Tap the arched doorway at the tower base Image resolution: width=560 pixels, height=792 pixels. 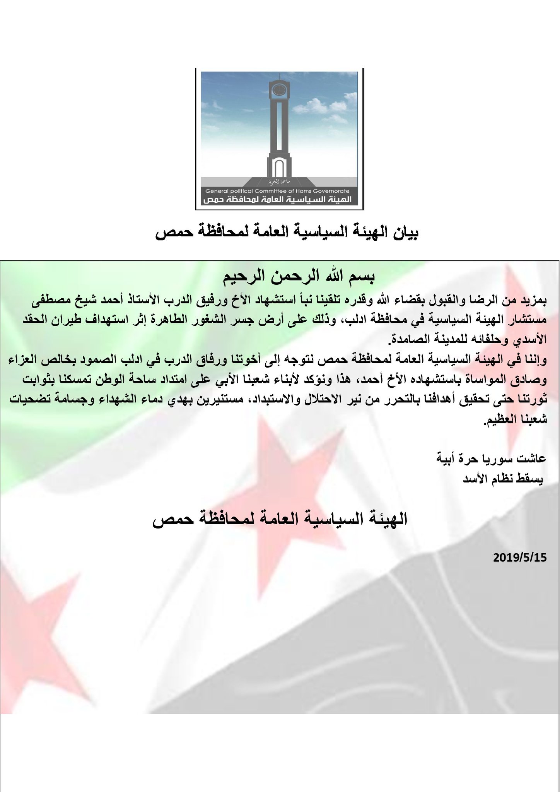click(279, 168)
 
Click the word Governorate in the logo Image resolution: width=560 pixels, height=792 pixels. click(331, 191)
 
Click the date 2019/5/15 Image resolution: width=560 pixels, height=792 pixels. click(520, 558)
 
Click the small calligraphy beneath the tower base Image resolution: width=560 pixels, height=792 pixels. click(279, 181)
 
